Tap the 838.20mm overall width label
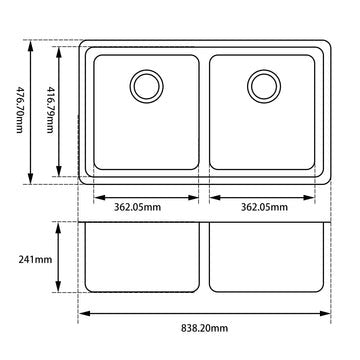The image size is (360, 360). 204,327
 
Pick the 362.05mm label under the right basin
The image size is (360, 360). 265,208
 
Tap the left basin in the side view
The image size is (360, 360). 143,255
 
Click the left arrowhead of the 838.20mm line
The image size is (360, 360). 83,313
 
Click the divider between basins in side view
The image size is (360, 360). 205,255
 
